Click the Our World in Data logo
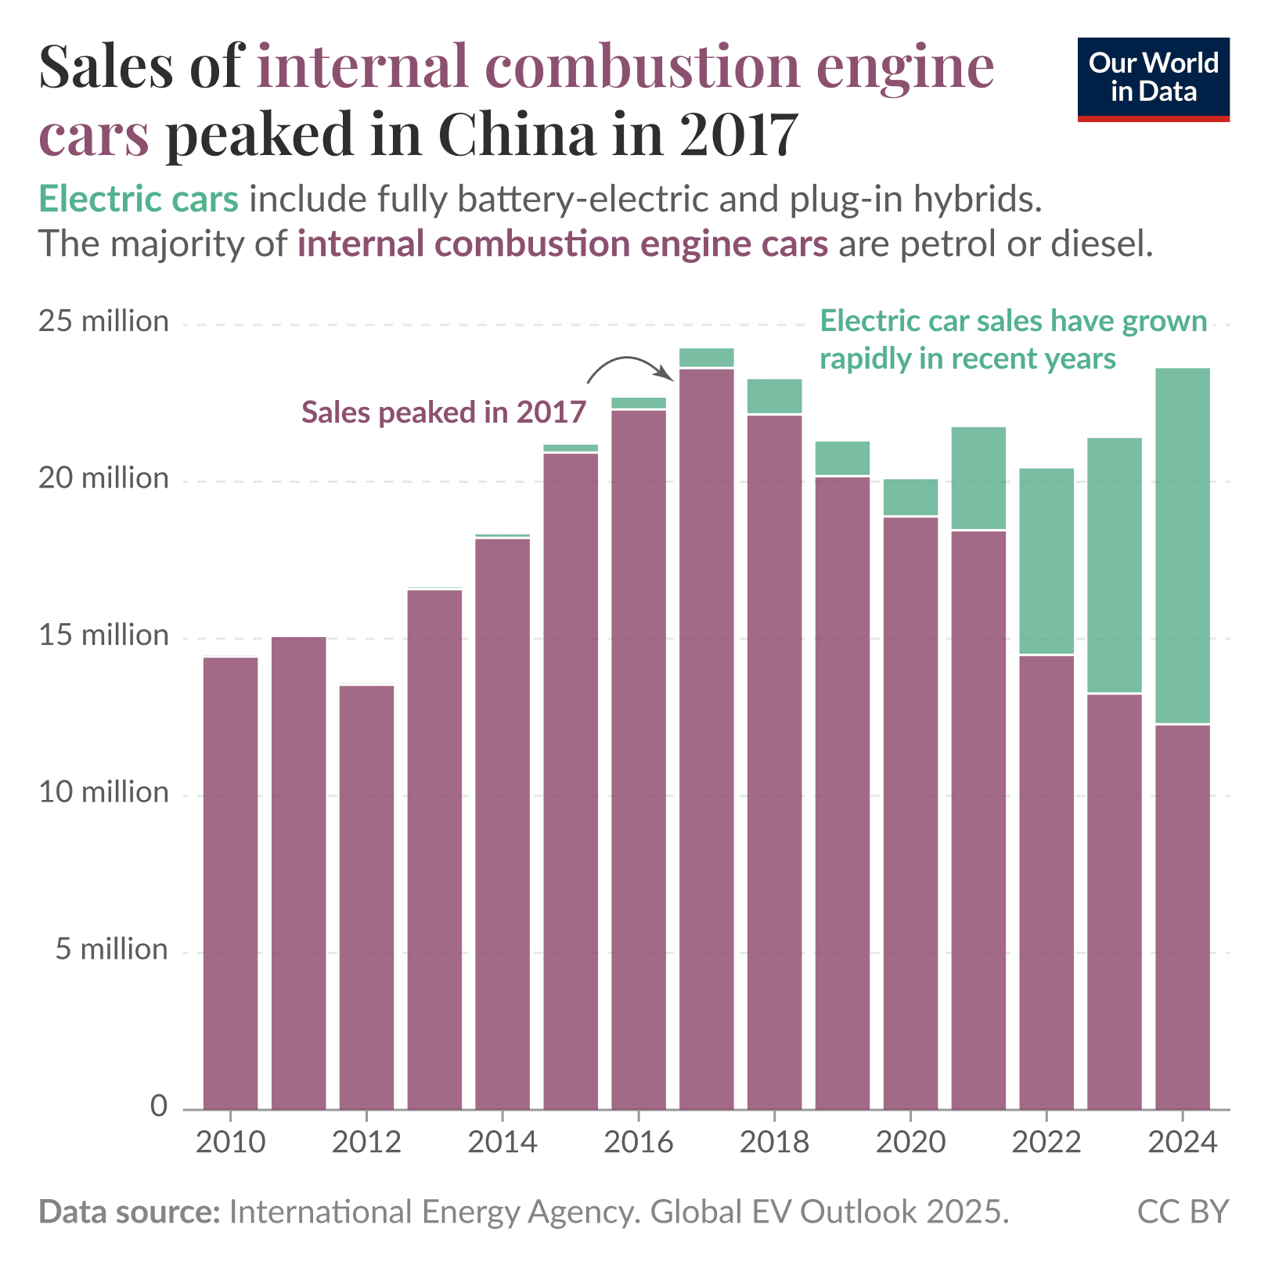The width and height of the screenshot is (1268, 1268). [1153, 78]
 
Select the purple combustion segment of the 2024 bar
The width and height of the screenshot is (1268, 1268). [1182, 916]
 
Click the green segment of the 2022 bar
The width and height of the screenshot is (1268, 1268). [1046, 560]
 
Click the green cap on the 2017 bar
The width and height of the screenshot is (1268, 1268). [706, 358]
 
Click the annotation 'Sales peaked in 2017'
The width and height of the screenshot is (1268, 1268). [443, 412]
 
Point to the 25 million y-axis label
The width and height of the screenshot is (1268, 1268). [103, 322]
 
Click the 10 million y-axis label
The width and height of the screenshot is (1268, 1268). [103, 793]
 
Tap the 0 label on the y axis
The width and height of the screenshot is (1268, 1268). [159, 1106]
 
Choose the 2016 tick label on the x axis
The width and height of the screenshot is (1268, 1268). [638, 1143]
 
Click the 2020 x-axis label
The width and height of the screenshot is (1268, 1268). [910, 1143]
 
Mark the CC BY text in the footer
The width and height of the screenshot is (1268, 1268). [1182, 1212]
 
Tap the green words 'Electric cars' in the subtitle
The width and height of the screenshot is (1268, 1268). [139, 200]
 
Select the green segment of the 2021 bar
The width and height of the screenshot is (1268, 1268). [978, 477]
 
